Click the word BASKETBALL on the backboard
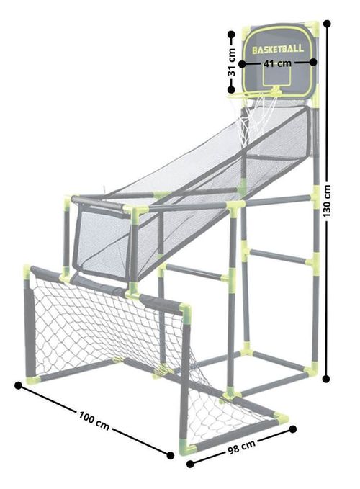(x=277, y=50)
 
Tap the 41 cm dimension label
(x=277, y=63)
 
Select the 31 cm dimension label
(x=232, y=63)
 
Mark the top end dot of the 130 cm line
(x=327, y=24)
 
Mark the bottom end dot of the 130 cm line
(x=328, y=377)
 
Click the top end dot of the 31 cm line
(x=231, y=33)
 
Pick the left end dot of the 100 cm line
(x=18, y=385)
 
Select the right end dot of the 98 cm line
(x=293, y=429)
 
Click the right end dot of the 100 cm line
(x=171, y=455)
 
